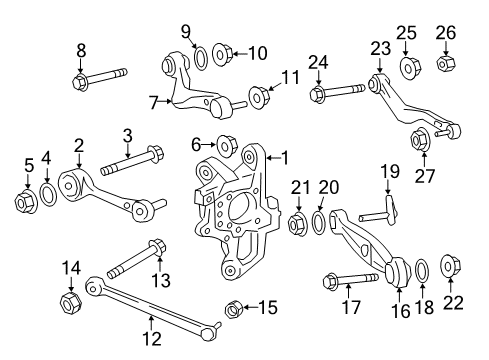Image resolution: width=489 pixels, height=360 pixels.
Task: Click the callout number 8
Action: [81, 51]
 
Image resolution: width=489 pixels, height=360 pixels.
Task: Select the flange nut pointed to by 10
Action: [222, 54]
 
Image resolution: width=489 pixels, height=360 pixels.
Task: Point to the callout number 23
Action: [380, 49]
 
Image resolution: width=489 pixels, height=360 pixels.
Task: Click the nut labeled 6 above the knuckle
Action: [228, 146]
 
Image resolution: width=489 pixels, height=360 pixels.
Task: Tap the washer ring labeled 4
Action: [48, 193]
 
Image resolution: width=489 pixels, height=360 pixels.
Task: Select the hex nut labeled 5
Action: [26, 202]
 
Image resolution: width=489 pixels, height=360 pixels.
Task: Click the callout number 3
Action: [127, 136]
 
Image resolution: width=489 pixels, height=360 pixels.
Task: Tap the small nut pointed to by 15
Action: [234, 309]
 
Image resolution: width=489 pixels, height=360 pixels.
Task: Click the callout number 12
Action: [152, 338]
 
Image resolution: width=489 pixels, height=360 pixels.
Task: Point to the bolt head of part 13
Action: [157, 248]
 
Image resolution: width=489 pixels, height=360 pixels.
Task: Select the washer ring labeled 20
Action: [319, 221]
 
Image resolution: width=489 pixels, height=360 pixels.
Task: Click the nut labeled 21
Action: [298, 224]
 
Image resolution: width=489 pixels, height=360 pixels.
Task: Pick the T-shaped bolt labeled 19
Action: [380, 212]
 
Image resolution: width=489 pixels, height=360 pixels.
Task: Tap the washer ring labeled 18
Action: [422, 269]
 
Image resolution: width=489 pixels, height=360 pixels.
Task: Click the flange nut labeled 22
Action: [450, 266]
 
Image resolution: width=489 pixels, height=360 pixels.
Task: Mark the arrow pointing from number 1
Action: [273, 158]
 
